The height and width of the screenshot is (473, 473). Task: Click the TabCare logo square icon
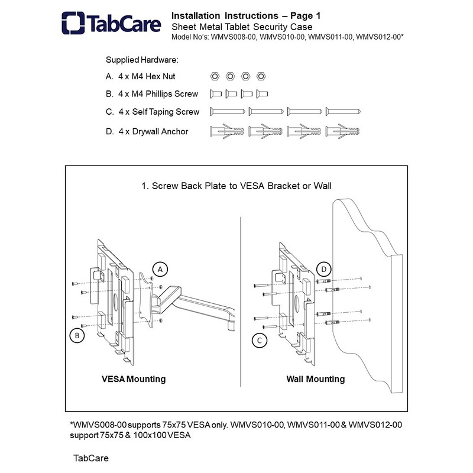pos(73,23)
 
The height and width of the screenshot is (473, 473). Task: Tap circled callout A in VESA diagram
pos(160,269)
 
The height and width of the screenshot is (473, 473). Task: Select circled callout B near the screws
pos(77,335)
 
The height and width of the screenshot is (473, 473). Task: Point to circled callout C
pos(260,341)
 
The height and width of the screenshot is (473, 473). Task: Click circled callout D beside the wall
pos(323,269)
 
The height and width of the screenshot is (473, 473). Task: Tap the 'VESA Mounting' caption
pos(134,379)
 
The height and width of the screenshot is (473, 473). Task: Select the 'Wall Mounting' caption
pos(316,379)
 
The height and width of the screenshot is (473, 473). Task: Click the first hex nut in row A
pos(215,76)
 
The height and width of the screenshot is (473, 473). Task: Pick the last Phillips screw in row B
pos(262,94)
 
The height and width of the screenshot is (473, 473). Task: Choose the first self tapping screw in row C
pos(228,112)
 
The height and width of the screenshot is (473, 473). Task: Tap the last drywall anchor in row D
pos(343,131)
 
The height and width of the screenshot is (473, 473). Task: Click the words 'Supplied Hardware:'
pos(142,60)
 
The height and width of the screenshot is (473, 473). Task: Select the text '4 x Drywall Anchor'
pos(153,131)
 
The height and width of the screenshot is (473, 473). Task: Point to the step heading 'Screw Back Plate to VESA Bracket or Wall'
pos(241,186)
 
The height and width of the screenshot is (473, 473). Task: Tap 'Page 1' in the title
pos(305,16)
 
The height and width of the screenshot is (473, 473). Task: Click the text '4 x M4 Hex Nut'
pos(147,77)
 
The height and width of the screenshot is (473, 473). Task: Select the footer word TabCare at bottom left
pos(91,458)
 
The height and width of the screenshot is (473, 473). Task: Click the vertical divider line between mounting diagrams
pos(241,302)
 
